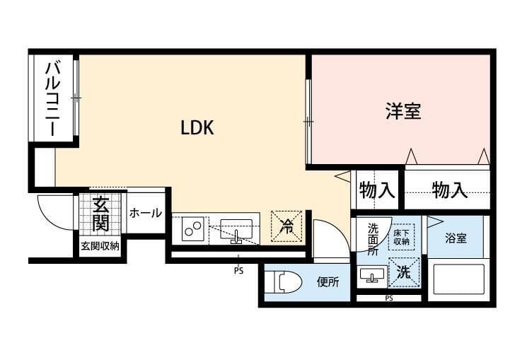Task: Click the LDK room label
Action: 197,128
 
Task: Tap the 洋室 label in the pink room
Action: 403,111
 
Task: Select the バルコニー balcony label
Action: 53,98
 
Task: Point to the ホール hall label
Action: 145,213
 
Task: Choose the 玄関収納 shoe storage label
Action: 100,246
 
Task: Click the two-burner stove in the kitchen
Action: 193,228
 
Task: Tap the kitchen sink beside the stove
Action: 236,231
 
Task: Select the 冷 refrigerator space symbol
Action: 286,226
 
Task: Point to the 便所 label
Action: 328,281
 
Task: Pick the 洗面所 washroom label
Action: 372,239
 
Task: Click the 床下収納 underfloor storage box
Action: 401,237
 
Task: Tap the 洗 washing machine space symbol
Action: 404,272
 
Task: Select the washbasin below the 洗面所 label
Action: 372,275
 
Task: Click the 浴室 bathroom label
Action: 456,238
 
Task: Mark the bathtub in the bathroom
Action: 458,279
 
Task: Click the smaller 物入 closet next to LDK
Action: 376,190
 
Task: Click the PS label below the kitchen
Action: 238,271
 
